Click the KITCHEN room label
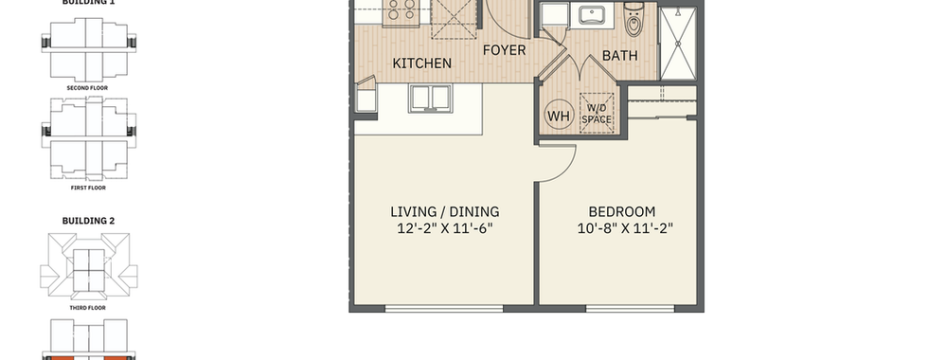[x=422, y=63]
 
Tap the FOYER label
[x=504, y=50]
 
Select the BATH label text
[x=620, y=56]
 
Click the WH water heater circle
[x=558, y=116]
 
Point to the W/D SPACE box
[x=597, y=113]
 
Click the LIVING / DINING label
[x=445, y=211]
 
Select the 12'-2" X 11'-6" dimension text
[x=445, y=228]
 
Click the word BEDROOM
[x=622, y=211]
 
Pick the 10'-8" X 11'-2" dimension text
[x=626, y=228]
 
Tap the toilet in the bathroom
[x=634, y=21]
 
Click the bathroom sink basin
[x=592, y=14]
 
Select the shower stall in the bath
[x=678, y=44]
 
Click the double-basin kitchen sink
[x=430, y=99]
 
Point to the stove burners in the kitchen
[x=402, y=9]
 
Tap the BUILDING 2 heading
[x=89, y=221]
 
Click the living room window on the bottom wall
[x=444, y=308]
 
